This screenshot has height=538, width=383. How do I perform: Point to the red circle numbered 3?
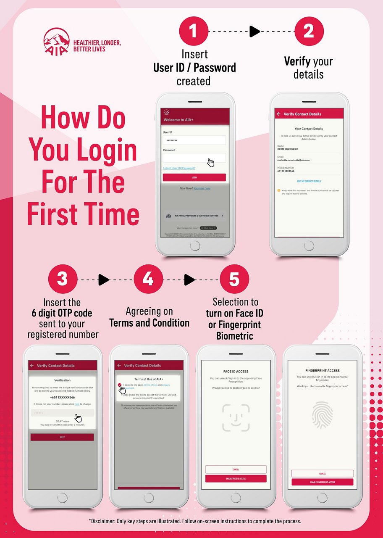point(63,280)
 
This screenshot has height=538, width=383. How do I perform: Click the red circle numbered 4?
point(148,280)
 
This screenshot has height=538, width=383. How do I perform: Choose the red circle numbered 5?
point(234,280)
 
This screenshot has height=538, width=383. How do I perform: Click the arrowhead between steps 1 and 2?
point(255,32)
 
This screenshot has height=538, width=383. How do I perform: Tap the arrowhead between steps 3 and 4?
point(103,280)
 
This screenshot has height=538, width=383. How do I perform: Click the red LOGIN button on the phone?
point(194,177)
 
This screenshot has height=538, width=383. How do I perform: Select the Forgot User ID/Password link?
point(179,168)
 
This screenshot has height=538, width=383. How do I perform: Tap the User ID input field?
point(194,140)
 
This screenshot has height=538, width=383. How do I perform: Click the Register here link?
point(202,188)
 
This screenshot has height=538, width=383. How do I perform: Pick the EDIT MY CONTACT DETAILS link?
point(309,181)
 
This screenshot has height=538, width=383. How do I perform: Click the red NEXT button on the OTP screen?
point(62,437)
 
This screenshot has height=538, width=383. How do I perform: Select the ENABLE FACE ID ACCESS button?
point(236,479)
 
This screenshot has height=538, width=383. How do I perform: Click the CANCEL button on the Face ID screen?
point(236,469)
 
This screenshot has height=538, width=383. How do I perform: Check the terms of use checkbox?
point(120,385)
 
